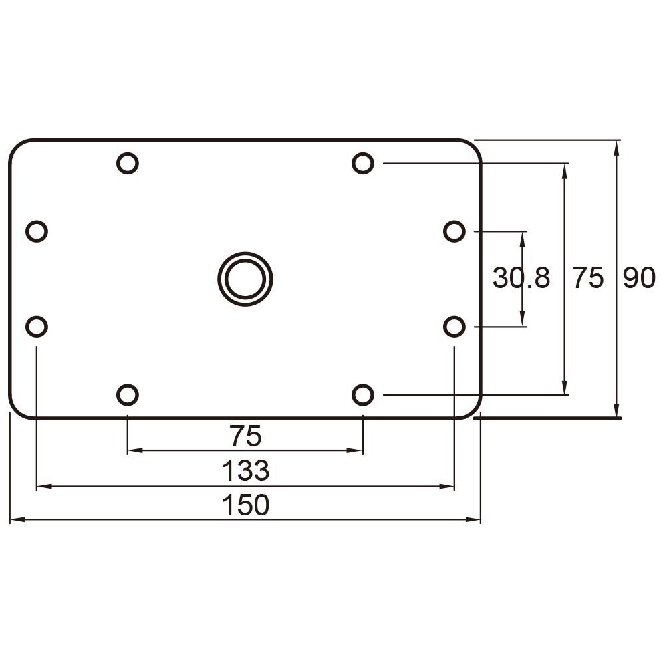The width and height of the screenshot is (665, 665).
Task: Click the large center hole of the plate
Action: coord(245,279)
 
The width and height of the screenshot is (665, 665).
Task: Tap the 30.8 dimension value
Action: coord(521,278)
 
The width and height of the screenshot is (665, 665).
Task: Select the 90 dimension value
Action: coord(639,278)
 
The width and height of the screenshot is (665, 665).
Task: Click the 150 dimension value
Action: coord(245,505)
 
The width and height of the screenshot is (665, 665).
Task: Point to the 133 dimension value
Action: coord(245,471)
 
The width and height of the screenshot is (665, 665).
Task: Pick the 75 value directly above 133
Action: coord(245,437)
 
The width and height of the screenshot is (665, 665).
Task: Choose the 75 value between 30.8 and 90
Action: coord(588,278)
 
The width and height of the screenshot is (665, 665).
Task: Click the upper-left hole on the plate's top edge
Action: coord(127,163)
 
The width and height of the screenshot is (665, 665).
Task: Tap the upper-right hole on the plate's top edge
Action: coord(362,163)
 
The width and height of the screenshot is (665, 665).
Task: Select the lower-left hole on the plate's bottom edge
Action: coord(127,395)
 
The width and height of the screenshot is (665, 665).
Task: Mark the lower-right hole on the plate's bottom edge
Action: coord(362,395)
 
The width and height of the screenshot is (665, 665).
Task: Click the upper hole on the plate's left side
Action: coord(37,231)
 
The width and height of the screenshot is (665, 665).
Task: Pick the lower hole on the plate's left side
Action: coord(37,327)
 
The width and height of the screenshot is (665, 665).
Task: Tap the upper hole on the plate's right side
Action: coord(454,231)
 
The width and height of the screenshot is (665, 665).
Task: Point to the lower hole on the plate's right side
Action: coord(454,327)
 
